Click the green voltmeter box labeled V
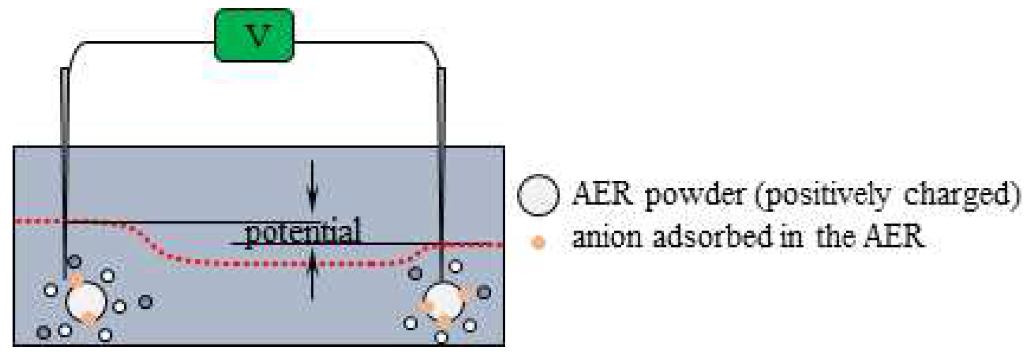[x=254, y=35]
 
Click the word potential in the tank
[x=303, y=232]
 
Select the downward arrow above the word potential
[x=312, y=186]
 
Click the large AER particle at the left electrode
[x=86, y=303]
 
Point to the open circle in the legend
[x=538, y=195]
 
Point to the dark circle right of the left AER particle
[x=145, y=302]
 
